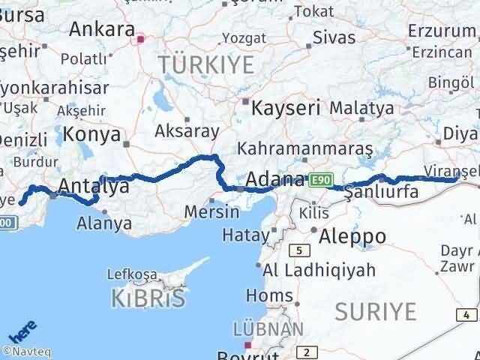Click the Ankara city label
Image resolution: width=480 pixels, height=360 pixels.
pyautogui.click(x=101, y=28)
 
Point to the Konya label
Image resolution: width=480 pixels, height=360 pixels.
pyautogui.click(x=92, y=134)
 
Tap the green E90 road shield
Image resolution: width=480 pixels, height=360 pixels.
pyautogui.click(x=319, y=179)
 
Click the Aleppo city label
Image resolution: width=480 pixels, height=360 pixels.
pyautogui.click(x=352, y=236)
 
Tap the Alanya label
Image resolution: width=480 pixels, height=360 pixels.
pyautogui.click(x=105, y=223)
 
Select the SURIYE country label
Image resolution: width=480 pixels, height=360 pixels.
pyautogui.click(x=375, y=310)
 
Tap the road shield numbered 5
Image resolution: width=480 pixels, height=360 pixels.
pyautogui.click(x=301, y=250)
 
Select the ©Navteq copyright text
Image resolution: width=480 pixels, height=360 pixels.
pyautogui.click(x=28, y=350)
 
